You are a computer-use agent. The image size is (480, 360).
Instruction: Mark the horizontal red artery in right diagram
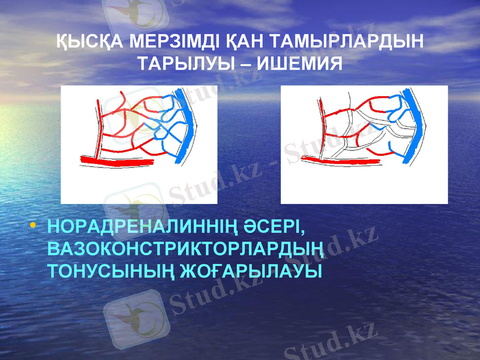pyautogui.click(x=342, y=160)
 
